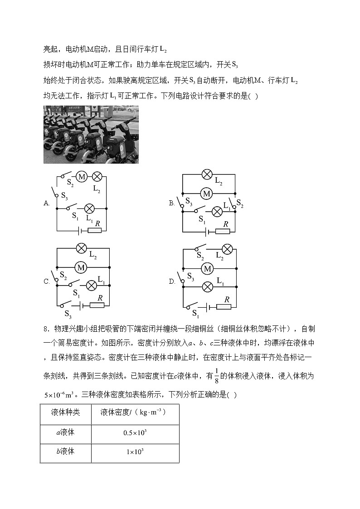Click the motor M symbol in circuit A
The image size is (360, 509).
(82, 177)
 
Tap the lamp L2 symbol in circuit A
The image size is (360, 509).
(97, 177)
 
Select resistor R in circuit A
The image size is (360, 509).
(94, 231)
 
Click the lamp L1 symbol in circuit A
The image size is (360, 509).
(90, 208)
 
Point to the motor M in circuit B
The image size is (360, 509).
(207, 194)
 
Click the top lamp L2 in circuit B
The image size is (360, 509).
(207, 174)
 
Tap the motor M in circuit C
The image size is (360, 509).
(81, 268)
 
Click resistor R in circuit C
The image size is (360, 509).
(97, 305)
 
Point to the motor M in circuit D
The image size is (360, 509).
(207, 269)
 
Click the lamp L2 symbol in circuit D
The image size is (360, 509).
(227, 249)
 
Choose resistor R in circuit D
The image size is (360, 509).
(223, 307)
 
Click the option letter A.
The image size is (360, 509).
(46, 204)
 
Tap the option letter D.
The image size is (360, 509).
(172, 281)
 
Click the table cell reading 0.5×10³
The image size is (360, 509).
(135, 433)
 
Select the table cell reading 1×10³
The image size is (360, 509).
(135, 452)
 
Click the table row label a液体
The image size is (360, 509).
(65, 432)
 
